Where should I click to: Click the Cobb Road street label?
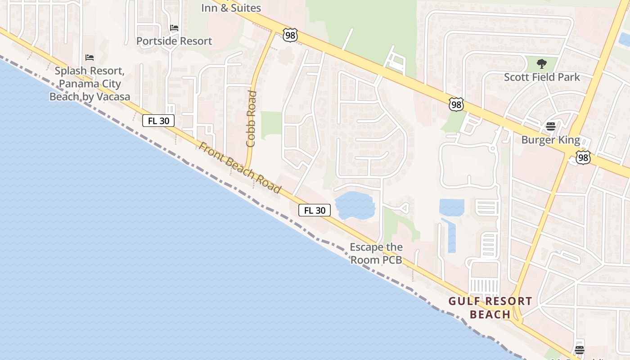click(251, 119)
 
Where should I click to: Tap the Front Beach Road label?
click(240, 168)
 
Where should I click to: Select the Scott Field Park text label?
click(542, 77)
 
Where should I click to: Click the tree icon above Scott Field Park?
click(542, 64)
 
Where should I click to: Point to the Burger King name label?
click(550, 140)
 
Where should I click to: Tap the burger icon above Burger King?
click(551, 126)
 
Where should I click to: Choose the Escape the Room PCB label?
click(376, 253)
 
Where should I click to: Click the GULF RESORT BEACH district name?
click(490, 308)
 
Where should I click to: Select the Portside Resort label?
click(174, 41)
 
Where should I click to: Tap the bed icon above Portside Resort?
click(174, 28)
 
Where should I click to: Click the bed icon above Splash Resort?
click(90, 58)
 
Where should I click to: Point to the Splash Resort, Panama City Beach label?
click(90, 84)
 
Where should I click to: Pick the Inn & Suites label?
click(231, 8)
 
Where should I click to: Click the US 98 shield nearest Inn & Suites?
click(290, 35)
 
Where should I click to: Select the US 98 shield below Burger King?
click(583, 157)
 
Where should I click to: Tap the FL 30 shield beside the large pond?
click(315, 210)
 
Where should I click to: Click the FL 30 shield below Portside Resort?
click(158, 121)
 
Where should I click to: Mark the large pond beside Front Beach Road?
click(355, 206)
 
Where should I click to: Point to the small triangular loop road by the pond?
click(403, 208)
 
